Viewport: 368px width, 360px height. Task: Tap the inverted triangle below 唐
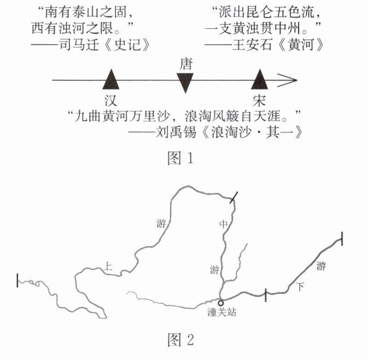[185, 82]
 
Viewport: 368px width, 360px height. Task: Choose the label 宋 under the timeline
[260, 100]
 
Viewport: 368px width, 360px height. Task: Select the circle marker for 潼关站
[221, 303]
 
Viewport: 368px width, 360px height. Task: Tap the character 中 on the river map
[223, 224]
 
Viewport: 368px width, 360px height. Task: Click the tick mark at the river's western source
[17, 280]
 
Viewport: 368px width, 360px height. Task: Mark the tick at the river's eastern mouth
[342, 239]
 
